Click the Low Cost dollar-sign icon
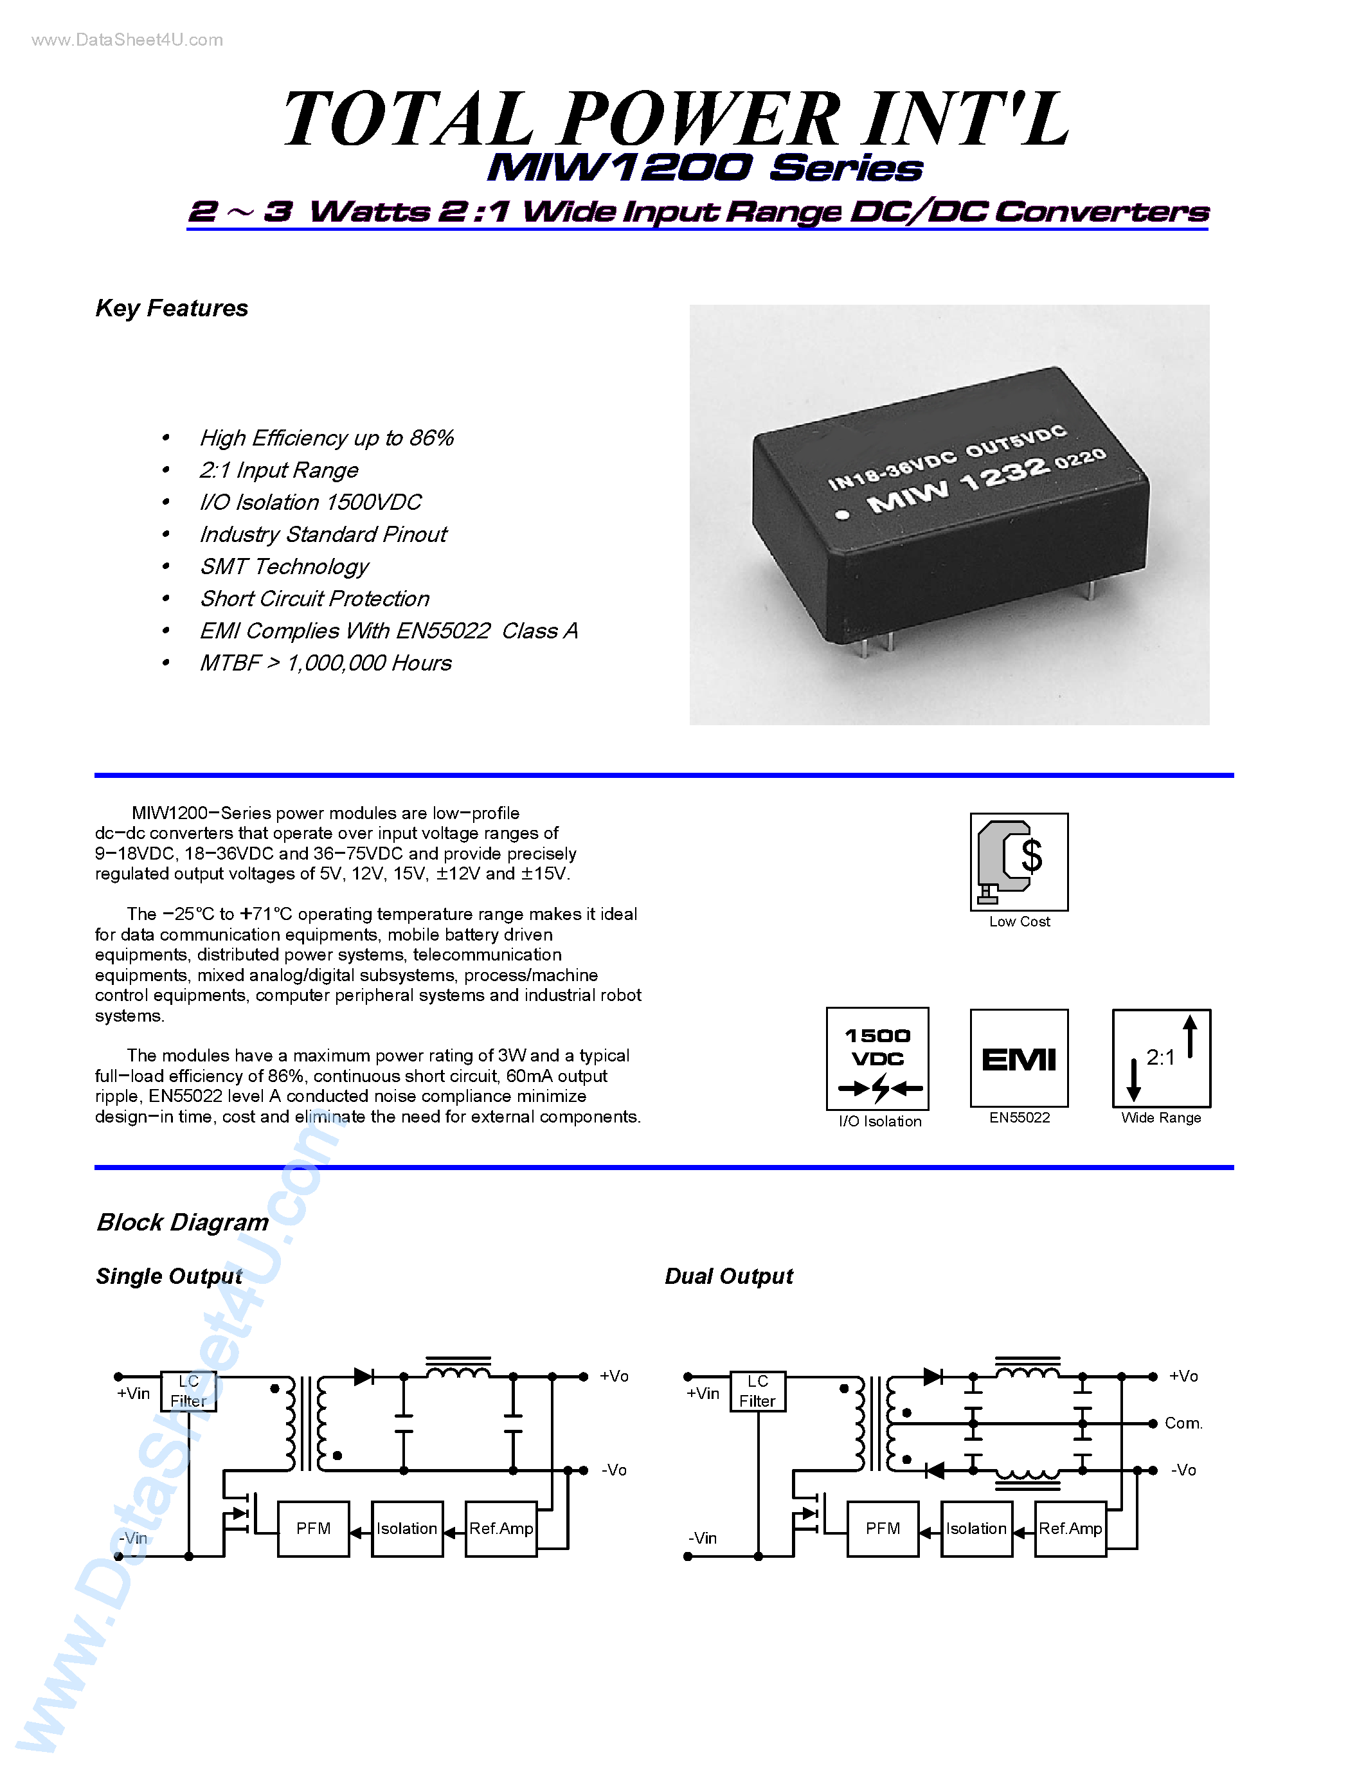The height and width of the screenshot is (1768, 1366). click(x=1019, y=861)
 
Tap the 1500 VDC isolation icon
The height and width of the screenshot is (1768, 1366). click(x=877, y=1059)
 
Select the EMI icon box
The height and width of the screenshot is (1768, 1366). click(x=1019, y=1058)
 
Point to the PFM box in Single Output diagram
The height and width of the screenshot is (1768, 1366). click(x=313, y=1528)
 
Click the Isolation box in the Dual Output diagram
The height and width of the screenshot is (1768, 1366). click(x=976, y=1528)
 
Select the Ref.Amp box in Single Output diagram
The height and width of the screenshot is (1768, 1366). click(x=501, y=1528)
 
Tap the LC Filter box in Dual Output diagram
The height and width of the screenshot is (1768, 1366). click(x=757, y=1391)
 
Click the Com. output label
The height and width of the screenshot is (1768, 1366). click(x=1183, y=1423)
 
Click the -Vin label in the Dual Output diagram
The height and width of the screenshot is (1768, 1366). click(x=703, y=1538)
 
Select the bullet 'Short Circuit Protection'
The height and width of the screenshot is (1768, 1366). click(x=315, y=599)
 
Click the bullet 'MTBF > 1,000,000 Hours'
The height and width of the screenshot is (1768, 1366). click(x=325, y=663)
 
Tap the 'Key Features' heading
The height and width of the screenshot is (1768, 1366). click(x=172, y=309)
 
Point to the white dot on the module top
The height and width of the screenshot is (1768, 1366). click(x=843, y=515)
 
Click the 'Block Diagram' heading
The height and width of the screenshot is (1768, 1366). click(x=183, y=1222)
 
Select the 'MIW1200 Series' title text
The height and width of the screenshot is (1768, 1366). click(x=704, y=168)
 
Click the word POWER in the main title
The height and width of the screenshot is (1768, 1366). click(x=700, y=120)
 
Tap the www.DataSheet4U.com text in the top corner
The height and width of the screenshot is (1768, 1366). click(x=127, y=41)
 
